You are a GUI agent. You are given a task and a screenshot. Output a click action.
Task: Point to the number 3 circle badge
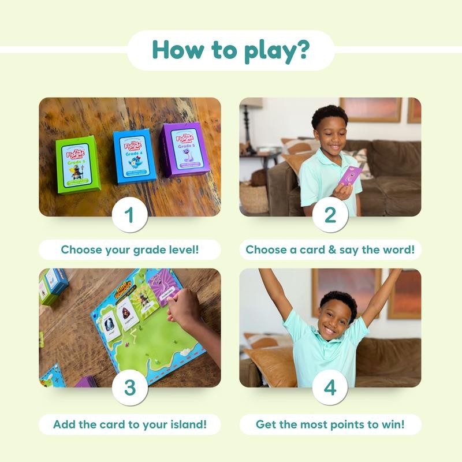point(130,387)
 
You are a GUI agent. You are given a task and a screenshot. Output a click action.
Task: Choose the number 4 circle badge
point(330,387)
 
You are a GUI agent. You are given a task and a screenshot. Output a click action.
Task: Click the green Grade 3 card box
point(77,164)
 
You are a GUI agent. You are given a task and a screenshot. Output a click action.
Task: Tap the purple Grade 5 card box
point(182,151)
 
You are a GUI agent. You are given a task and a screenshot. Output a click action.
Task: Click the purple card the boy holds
point(350,176)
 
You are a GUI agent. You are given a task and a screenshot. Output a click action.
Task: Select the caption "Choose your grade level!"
point(130,250)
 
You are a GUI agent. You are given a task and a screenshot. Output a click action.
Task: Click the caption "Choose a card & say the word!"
point(330,250)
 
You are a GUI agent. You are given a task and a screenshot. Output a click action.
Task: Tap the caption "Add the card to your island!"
point(130,424)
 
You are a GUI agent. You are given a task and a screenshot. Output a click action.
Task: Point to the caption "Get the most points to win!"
point(330,424)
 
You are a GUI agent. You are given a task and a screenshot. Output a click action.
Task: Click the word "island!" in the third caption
point(186,424)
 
